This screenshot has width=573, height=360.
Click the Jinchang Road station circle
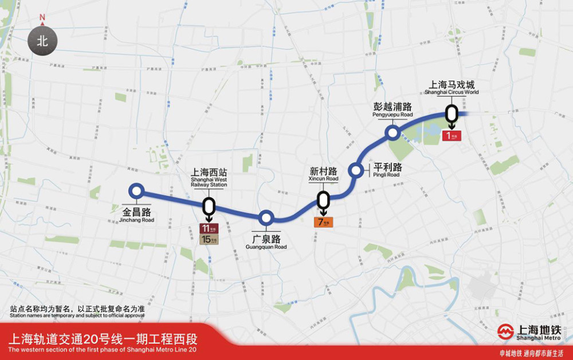136,190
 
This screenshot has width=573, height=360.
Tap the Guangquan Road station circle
266,218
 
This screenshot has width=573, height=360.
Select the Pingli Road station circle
356,170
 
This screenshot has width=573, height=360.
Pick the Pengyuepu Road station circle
393,133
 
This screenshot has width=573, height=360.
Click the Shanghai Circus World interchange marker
452,114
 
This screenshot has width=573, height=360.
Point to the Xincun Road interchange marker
324,199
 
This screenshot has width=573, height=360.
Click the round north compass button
42,41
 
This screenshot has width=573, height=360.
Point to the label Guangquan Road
266,247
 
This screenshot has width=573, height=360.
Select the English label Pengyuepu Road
393,115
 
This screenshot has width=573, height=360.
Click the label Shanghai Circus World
451,92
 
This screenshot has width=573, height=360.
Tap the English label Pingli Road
386,175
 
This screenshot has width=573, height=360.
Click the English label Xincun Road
324,179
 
